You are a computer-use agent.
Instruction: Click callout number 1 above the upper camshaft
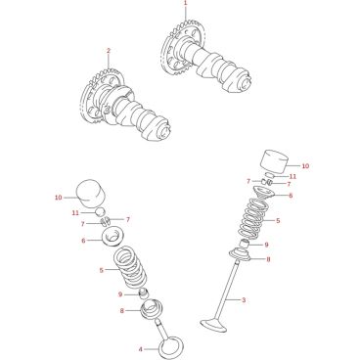point(185,3)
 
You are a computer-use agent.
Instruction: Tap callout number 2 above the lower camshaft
point(109,51)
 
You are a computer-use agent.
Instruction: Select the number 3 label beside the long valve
point(244,299)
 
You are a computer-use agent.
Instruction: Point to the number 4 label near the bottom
point(141,349)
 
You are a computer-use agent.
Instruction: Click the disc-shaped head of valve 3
point(214,325)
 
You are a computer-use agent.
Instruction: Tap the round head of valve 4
point(171,347)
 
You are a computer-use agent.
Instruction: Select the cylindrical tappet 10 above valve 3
point(276,161)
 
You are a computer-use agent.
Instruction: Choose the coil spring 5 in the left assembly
point(130,267)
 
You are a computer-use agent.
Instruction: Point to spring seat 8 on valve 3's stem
point(242,254)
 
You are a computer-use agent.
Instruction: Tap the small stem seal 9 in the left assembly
point(144,293)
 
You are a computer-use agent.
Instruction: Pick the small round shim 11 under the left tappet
point(100,211)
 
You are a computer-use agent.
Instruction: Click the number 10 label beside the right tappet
point(305,166)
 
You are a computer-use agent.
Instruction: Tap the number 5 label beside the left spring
point(102,270)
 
